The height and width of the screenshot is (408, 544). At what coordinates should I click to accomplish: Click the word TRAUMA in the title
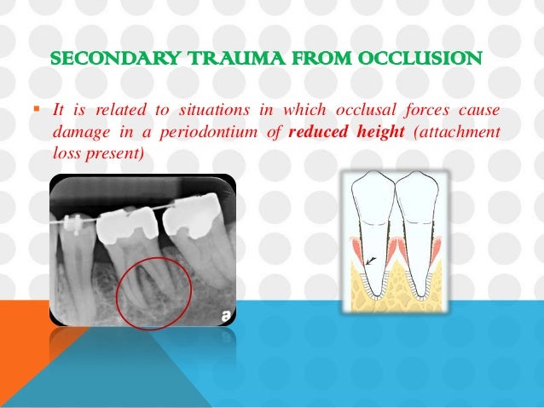click(202, 61)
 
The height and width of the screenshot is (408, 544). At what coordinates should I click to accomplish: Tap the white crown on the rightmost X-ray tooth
click(188, 221)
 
